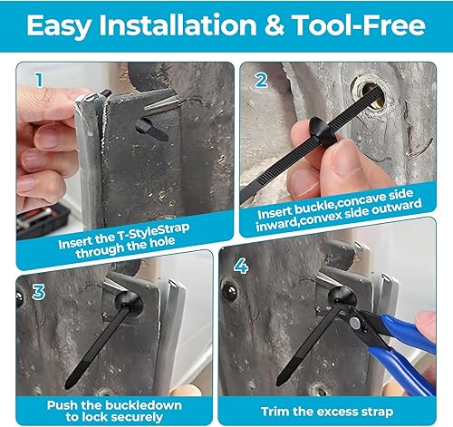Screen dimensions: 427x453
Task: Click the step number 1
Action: coord(37,80)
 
